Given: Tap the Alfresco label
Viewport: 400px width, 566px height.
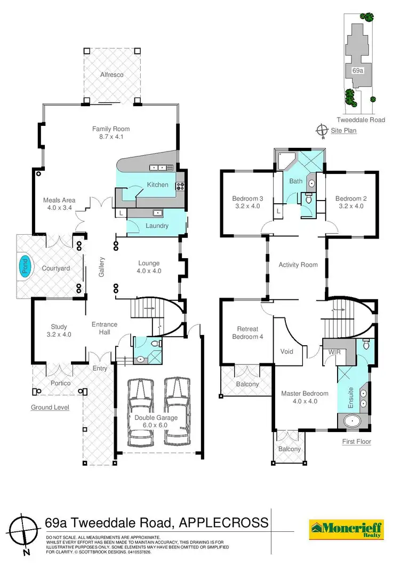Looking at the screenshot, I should coord(112,75).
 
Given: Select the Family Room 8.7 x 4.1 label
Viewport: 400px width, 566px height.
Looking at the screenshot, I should coord(111,133).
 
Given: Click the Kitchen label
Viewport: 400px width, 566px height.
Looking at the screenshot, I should coord(157,185).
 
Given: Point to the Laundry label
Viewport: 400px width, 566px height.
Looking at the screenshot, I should coord(157,226).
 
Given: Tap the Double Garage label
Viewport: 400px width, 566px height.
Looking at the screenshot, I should coord(156,421).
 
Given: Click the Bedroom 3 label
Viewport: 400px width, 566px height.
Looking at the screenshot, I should coord(246,202).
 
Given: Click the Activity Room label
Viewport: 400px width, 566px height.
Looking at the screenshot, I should coord(298,265).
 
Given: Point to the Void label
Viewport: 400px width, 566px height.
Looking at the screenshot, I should coord(287,352).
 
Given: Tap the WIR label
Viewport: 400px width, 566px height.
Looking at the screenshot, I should coord(335,352).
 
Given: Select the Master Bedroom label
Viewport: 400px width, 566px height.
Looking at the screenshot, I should coord(305,397).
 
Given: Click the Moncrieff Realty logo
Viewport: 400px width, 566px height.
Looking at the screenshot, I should coord(346,528).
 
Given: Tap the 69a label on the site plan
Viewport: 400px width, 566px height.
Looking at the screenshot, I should coord(358,70).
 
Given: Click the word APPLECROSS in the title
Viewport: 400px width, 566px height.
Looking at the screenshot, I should coord(224,522).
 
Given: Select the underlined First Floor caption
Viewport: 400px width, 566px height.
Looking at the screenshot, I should coord(357,442).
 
